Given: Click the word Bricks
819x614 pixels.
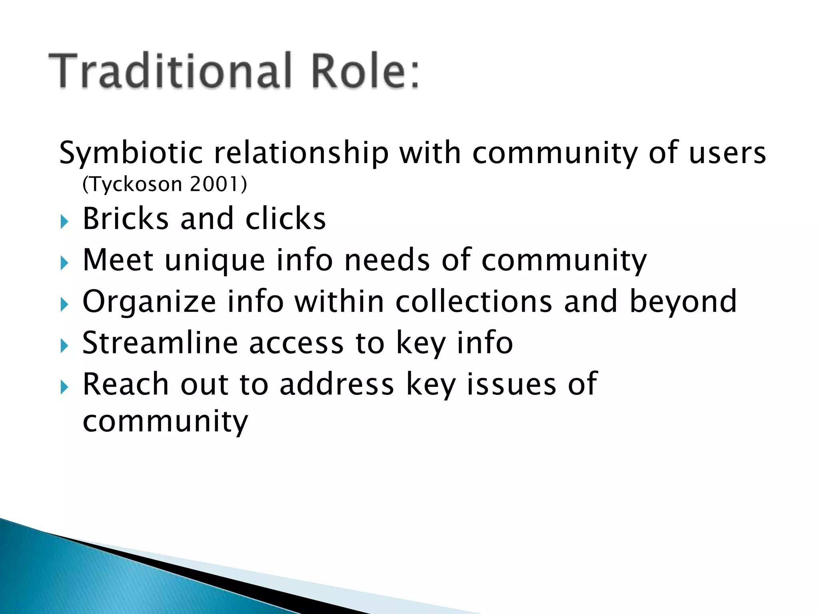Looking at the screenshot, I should (126, 219).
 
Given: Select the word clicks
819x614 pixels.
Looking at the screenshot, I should (286, 219).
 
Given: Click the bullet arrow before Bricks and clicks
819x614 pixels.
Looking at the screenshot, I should (64, 221).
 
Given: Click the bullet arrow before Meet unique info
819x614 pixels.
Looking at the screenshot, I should (64, 263).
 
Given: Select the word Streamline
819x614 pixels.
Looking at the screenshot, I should (160, 343).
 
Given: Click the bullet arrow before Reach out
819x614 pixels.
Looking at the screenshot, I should (64, 387).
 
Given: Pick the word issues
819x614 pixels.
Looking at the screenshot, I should (511, 384).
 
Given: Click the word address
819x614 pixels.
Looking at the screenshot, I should (337, 384).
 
